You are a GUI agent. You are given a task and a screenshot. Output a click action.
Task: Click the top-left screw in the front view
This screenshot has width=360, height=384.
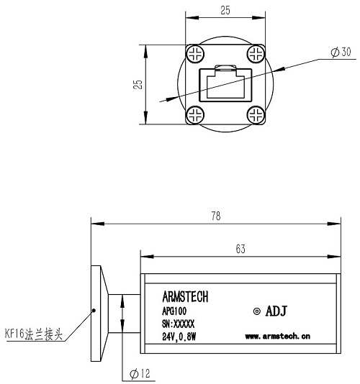[x=194, y=55]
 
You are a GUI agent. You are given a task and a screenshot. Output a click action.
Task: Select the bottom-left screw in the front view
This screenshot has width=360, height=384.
[x=194, y=114]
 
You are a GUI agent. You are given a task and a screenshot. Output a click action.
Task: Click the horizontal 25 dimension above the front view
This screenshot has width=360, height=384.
[x=225, y=11]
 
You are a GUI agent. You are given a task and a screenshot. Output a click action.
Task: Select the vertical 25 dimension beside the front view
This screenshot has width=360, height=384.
[x=139, y=84]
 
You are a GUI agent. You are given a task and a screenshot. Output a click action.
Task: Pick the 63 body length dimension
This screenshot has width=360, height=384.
[x=240, y=250]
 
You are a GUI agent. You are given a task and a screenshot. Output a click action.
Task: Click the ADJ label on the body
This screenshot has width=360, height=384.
[x=278, y=311]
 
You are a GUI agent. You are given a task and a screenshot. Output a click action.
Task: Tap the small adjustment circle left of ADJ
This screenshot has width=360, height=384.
[x=257, y=311]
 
